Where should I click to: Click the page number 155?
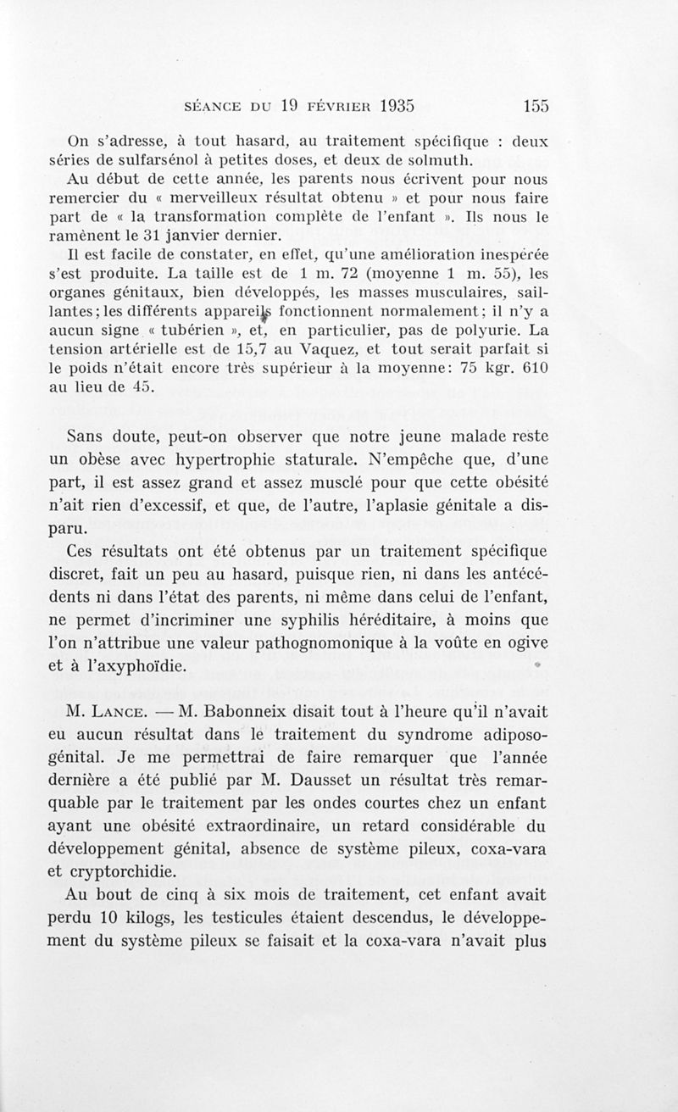tap(536, 106)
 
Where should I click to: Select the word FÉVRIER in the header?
tap(320, 107)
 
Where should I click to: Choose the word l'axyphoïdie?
tap(135, 666)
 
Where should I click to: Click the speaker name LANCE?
tap(126, 713)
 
